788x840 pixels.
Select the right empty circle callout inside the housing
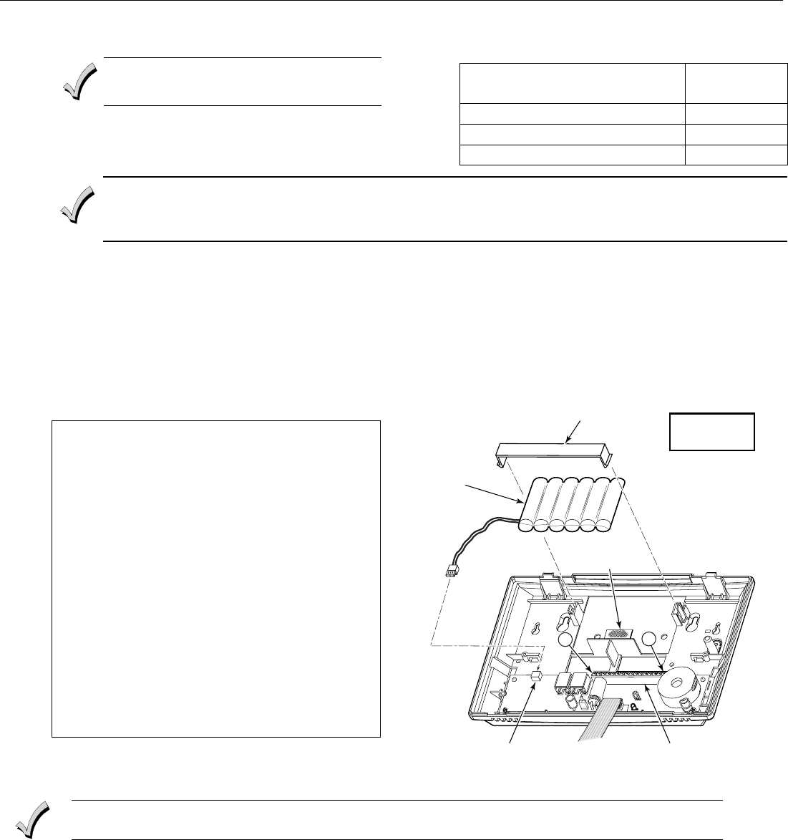tap(651, 639)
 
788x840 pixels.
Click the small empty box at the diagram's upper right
tap(711, 431)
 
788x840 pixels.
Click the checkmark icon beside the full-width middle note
tap(77, 205)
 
